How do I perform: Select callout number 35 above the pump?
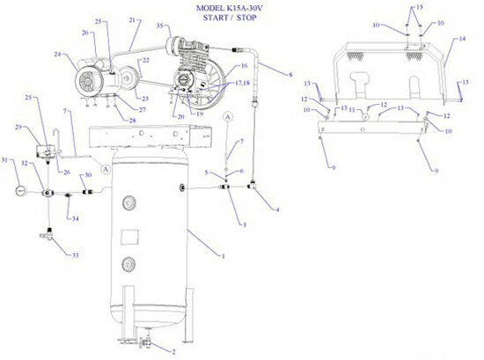click(161, 28)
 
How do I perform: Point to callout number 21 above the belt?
click(133, 18)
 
